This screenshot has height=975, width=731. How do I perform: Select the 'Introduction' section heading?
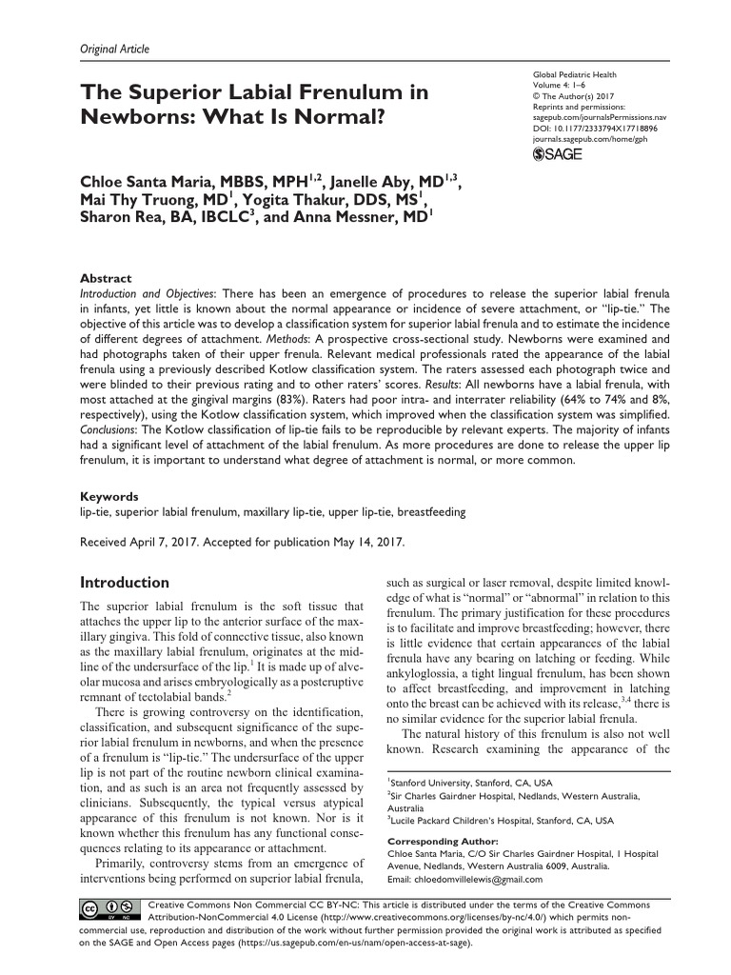(x=125, y=582)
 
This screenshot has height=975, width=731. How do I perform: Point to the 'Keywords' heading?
(x=109, y=496)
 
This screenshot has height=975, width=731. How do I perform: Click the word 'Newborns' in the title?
(x=142, y=122)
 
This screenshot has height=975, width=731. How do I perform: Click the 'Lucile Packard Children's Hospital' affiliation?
(x=476, y=820)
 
